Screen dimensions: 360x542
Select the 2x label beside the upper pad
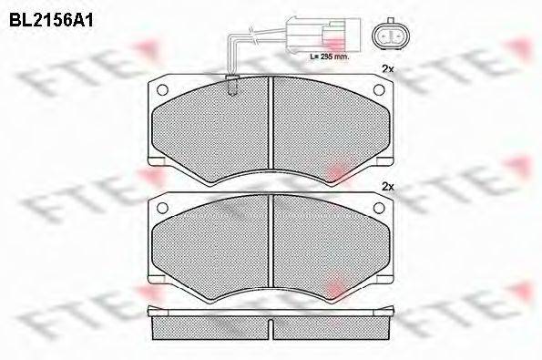[387, 69]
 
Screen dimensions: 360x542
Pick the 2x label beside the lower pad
[387, 188]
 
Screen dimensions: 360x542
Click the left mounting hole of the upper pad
[164, 90]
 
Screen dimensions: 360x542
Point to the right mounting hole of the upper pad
[383, 90]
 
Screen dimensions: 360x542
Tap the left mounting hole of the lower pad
[164, 209]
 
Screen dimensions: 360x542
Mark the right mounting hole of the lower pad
[383, 209]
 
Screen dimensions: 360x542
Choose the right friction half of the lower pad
[332, 246]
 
